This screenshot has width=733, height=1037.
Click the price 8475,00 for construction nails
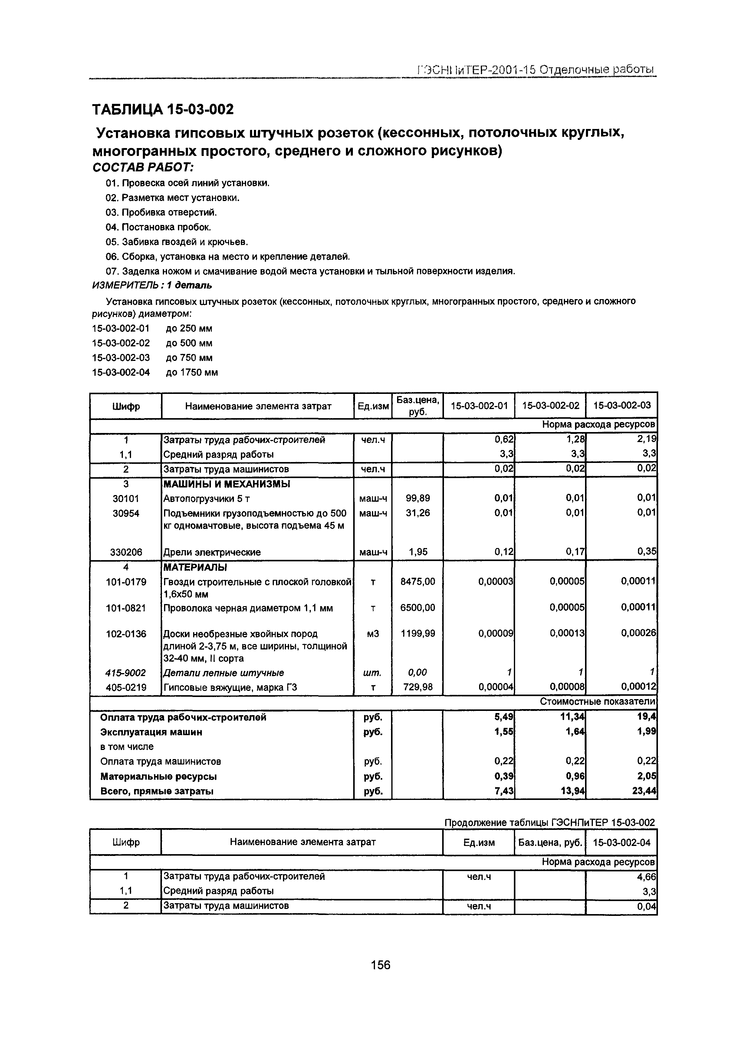point(418,582)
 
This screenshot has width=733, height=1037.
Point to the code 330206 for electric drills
point(126,552)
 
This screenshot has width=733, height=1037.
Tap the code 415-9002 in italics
point(126,672)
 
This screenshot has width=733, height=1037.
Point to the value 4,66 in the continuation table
point(647,877)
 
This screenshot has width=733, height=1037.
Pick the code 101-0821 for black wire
point(126,608)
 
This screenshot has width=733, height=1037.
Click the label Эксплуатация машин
point(151,732)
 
